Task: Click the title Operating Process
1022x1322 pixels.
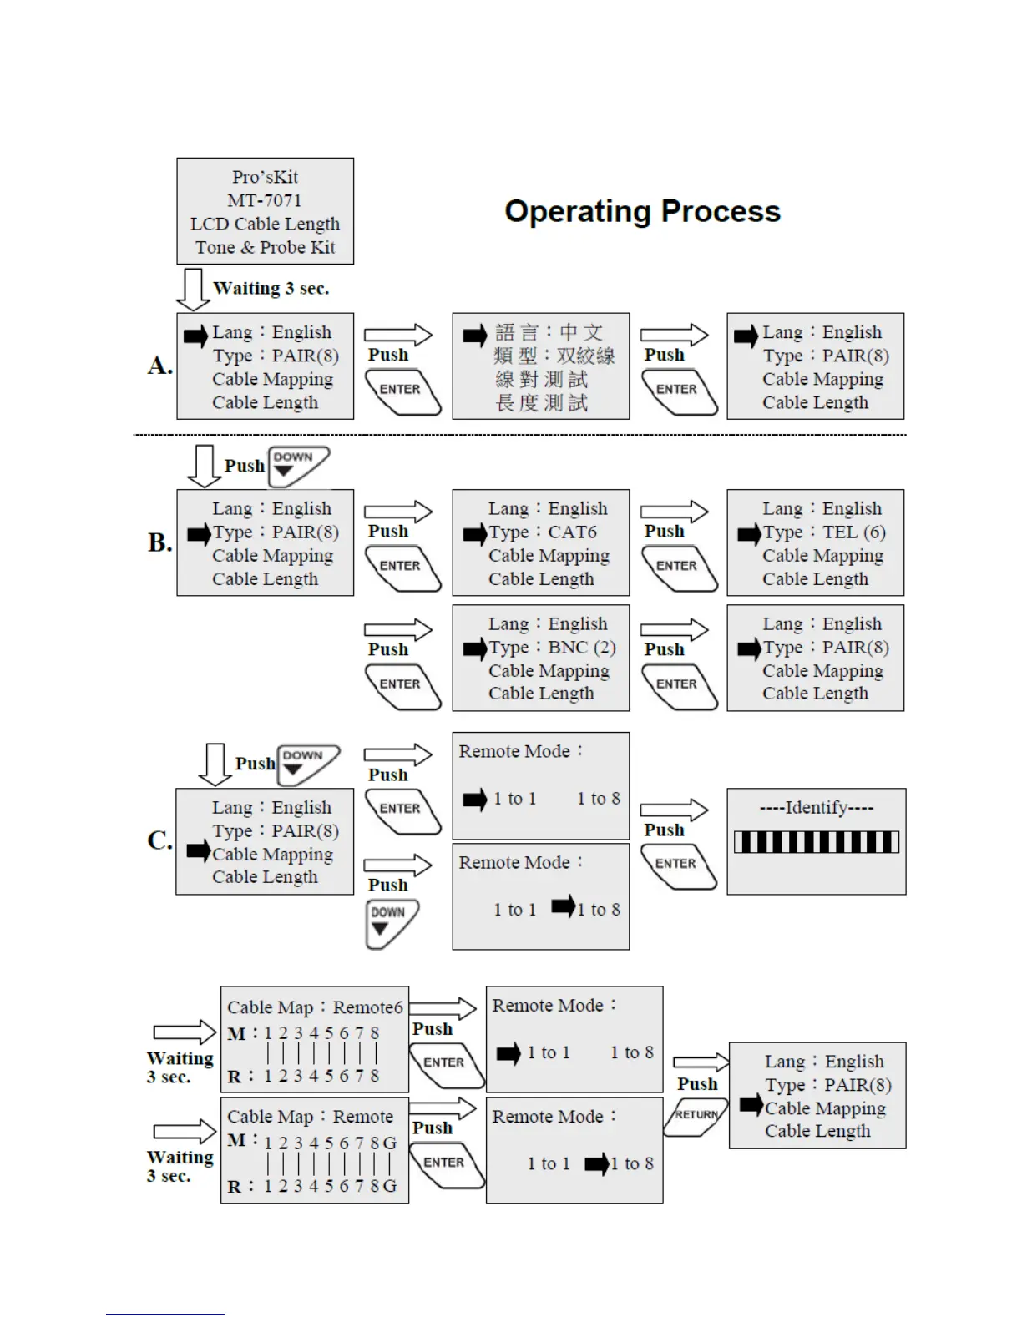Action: coord(642,212)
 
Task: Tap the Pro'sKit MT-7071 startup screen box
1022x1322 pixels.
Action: coord(265,211)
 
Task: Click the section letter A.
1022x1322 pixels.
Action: coord(159,366)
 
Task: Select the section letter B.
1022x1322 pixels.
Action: coord(159,542)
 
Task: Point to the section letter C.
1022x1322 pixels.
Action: coord(159,840)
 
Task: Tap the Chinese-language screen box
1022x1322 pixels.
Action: coord(540,366)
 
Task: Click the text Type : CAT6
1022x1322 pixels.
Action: coord(543,532)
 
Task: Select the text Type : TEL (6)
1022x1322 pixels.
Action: coord(823,532)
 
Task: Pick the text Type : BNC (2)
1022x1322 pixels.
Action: coord(552,648)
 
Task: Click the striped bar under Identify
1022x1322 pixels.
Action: coord(817,842)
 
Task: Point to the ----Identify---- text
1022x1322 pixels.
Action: coord(817,808)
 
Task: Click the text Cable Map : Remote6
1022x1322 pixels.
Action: coord(315,1007)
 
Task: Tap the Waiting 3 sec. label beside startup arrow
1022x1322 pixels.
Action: coord(271,289)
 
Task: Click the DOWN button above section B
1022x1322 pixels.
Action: coord(297,466)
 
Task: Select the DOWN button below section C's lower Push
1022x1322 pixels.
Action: coord(390,922)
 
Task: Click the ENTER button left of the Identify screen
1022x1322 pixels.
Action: coord(677,866)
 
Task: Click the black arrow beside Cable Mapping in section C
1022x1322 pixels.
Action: coord(198,851)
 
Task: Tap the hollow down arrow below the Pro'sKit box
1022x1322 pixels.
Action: coord(193,289)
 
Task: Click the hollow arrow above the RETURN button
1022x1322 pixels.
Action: coord(701,1062)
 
